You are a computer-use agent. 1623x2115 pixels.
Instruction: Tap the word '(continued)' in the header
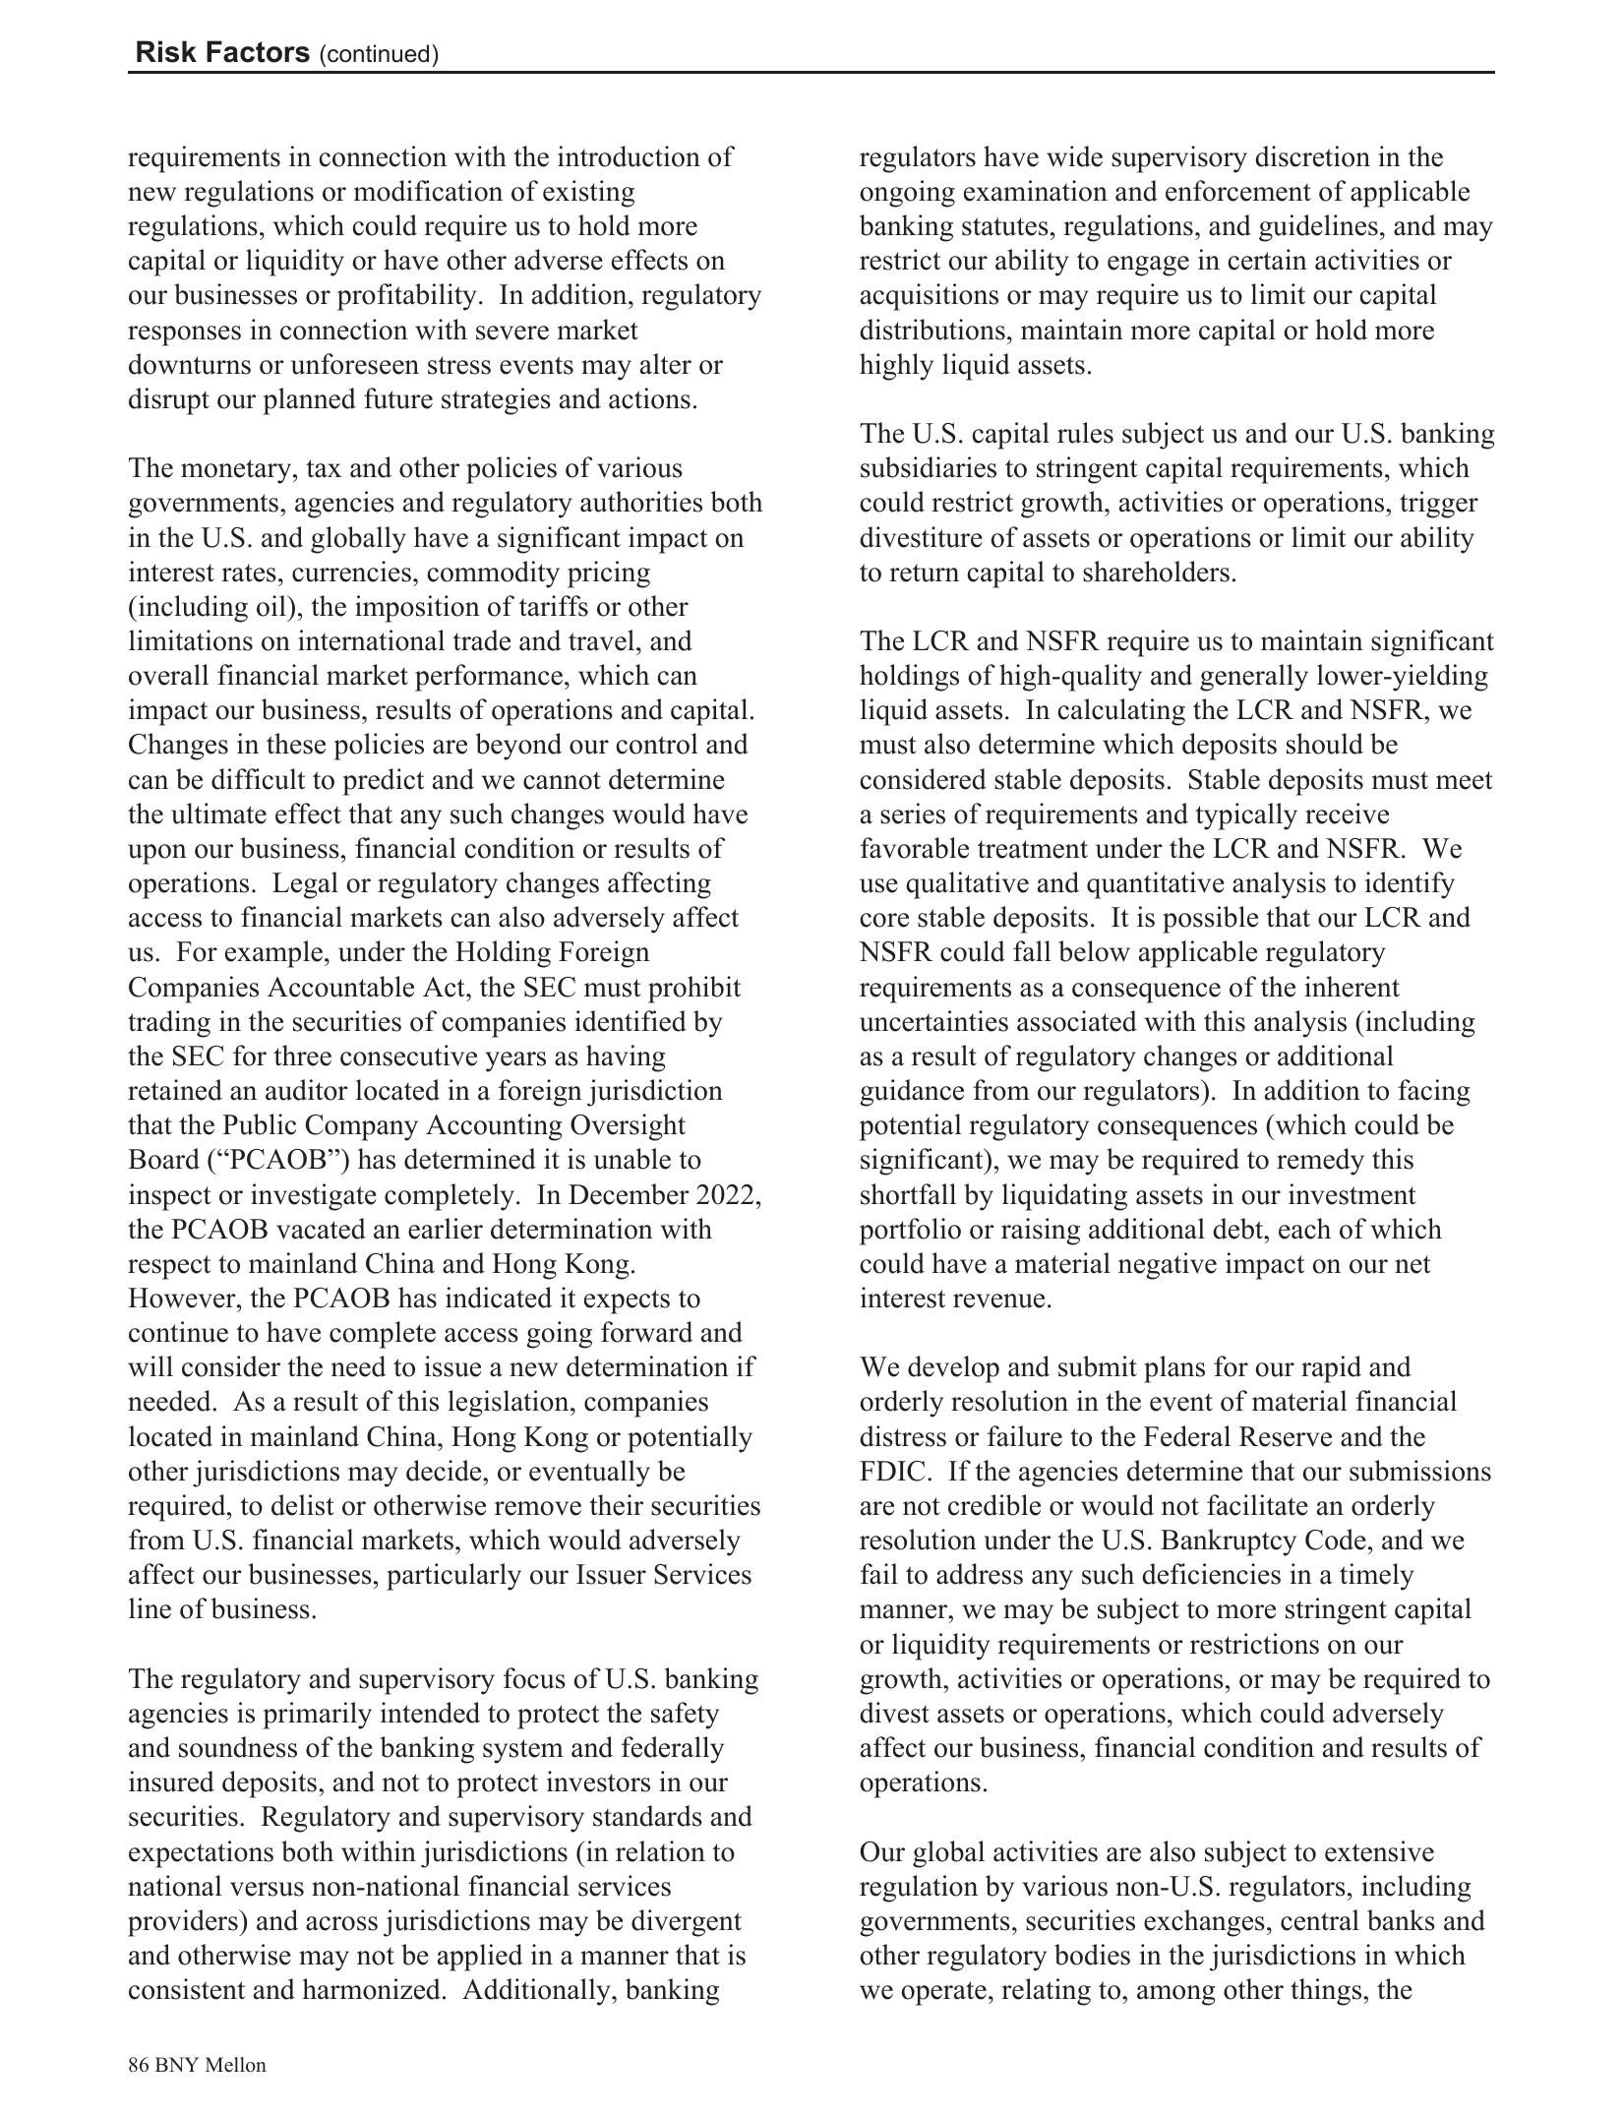[379, 54]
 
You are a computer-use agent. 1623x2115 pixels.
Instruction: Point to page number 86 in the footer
[138, 2064]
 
